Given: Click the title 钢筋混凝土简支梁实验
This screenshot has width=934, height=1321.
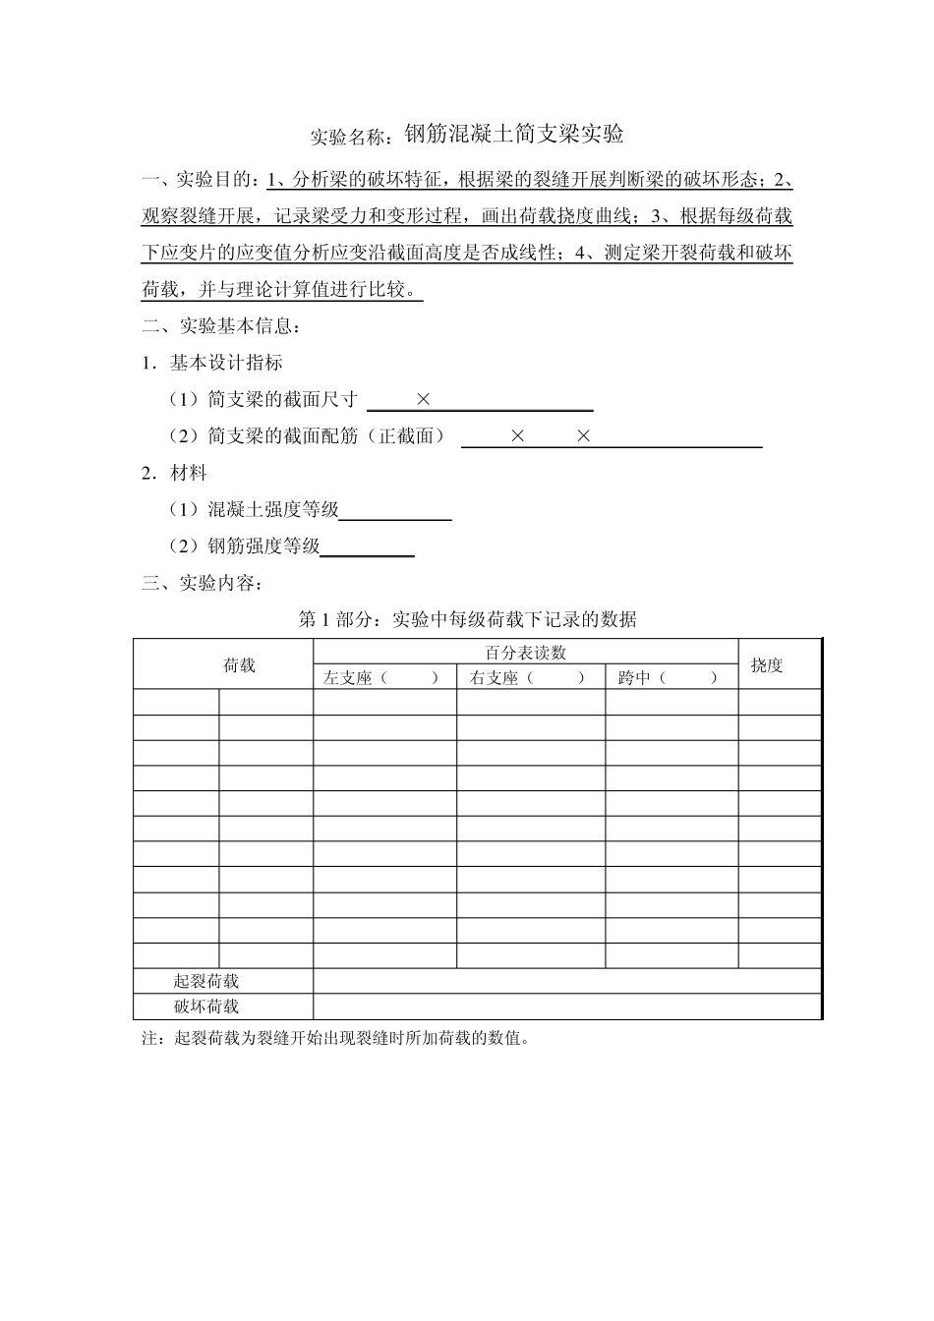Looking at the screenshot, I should [x=514, y=134].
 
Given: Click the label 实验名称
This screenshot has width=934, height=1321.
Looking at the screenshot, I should [x=352, y=137].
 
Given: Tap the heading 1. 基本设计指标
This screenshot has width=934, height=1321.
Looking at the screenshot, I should [x=212, y=363].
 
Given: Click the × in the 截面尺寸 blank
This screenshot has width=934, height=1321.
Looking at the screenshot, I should [x=424, y=399].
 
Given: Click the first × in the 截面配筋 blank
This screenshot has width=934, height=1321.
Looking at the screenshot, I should [x=518, y=435].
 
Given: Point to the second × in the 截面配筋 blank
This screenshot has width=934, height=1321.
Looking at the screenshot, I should [x=583, y=435].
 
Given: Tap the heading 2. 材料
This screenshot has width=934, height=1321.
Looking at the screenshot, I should [x=174, y=473].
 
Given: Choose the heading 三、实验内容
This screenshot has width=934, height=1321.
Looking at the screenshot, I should [x=204, y=584].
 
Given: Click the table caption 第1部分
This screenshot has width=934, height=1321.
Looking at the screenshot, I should [x=467, y=619].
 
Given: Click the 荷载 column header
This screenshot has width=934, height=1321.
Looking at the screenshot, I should [x=239, y=665].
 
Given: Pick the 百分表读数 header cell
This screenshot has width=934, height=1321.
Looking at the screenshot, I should [x=526, y=653].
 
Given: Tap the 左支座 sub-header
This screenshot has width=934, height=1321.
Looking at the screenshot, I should [x=382, y=677].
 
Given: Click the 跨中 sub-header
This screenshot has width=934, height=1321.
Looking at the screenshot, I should [x=670, y=677].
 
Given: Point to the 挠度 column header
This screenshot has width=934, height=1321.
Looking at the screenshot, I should [x=767, y=665].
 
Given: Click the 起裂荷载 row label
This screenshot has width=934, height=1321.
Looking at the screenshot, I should [x=206, y=981].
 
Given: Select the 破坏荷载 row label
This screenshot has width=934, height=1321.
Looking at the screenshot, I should [x=206, y=1006].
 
